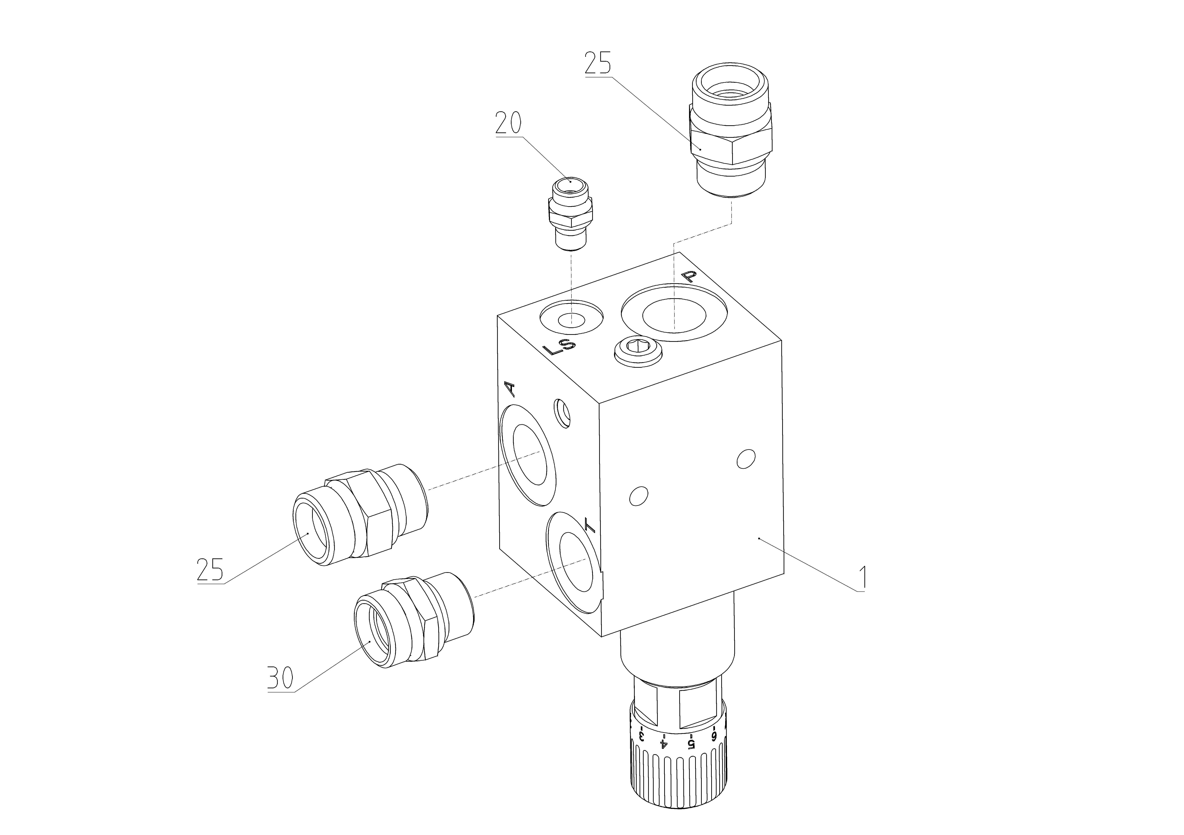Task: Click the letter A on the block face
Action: pos(509,389)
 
